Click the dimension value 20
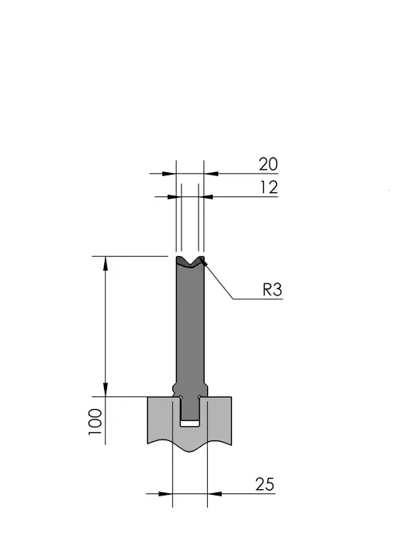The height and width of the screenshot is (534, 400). click(268, 164)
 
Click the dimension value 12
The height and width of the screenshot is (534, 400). click(269, 187)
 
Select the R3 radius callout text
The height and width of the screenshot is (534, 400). click(272, 290)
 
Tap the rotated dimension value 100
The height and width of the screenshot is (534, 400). click(95, 422)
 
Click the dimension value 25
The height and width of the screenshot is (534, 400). click(265, 484)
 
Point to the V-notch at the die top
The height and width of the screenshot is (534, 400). click(190, 262)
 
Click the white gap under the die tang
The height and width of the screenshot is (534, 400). click(190, 424)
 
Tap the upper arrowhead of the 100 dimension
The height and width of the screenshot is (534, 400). click(106, 263)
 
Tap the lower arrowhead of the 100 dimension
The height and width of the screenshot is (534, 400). click(106, 390)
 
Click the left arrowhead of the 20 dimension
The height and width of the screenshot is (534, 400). click(169, 174)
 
